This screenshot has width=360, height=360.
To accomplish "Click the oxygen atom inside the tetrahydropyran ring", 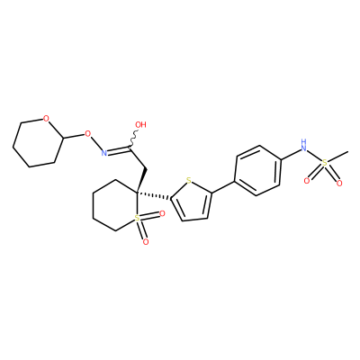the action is click(46, 119).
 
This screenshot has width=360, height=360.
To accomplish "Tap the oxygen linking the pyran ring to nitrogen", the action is click(87, 133).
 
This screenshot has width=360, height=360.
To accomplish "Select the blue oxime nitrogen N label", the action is click(104, 153).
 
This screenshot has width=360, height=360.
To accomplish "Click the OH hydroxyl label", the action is click(140, 125).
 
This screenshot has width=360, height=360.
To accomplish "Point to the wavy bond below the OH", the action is click(133, 139).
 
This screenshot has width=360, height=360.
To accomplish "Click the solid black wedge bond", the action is click(141, 179).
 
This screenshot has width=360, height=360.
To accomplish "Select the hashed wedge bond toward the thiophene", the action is click(153, 194).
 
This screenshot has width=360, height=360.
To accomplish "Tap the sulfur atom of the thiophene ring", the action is click(188, 181).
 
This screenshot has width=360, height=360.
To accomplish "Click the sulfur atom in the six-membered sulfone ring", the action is click(137, 218).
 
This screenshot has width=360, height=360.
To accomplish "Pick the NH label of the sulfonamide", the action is click(304, 145).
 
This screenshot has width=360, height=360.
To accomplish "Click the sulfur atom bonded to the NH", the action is click(324, 163).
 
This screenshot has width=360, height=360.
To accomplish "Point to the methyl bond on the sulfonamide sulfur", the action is click(337, 157).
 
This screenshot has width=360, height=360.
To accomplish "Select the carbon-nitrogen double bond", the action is click(119, 149).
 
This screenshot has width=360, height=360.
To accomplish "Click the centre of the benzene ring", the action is click(258, 170).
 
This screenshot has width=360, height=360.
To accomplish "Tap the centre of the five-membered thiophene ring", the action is click(193, 202).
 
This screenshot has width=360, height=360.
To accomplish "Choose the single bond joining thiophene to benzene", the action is click(223, 187).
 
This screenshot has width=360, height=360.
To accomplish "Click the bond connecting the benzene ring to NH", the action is click(291, 154).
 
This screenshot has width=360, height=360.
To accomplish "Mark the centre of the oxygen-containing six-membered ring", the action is click(38, 142).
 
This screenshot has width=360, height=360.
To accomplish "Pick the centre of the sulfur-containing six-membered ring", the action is click(115, 205).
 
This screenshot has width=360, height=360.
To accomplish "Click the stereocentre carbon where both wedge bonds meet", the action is click(137, 191).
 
